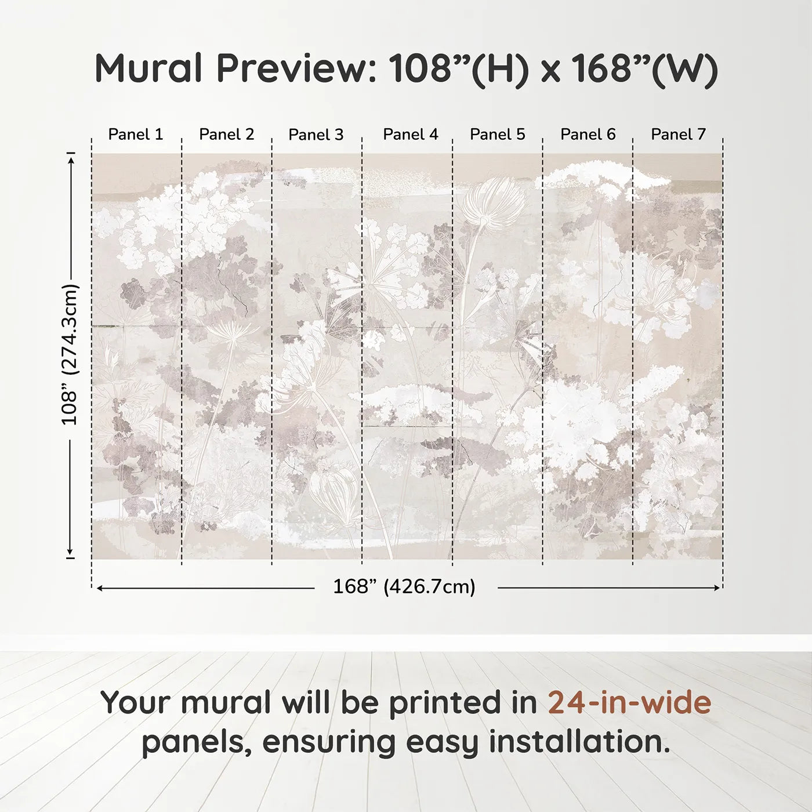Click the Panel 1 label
click(136, 135)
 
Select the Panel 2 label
click(226, 135)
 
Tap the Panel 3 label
click(316, 135)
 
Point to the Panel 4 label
click(411, 135)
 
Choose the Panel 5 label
click(498, 135)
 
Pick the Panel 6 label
click(588, 135)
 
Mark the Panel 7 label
click(678, 135)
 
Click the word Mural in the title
click(148, 68)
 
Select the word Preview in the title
click(296, 68)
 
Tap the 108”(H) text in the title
click(459, 68)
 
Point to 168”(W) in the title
click(644, 68)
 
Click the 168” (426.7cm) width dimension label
click(404, 587)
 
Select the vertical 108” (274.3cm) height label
click(70, 354)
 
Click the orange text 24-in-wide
click(629, 702)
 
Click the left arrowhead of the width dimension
click(100, 588)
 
